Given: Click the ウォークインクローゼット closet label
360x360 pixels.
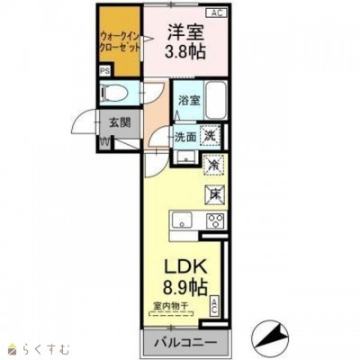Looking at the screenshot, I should point(117,41).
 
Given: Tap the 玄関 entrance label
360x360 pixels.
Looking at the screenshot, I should point(121,124).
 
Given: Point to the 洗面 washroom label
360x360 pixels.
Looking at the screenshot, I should point(185,137).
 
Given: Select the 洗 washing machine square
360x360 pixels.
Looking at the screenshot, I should point(210,136).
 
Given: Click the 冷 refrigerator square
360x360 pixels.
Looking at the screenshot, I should point(214,166).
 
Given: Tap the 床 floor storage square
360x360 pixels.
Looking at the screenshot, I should point(216,192).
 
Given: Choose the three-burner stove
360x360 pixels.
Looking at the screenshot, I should point(215,220).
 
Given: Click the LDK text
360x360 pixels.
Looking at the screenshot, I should point(185,269).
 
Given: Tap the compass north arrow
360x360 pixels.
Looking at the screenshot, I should point(274,339).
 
